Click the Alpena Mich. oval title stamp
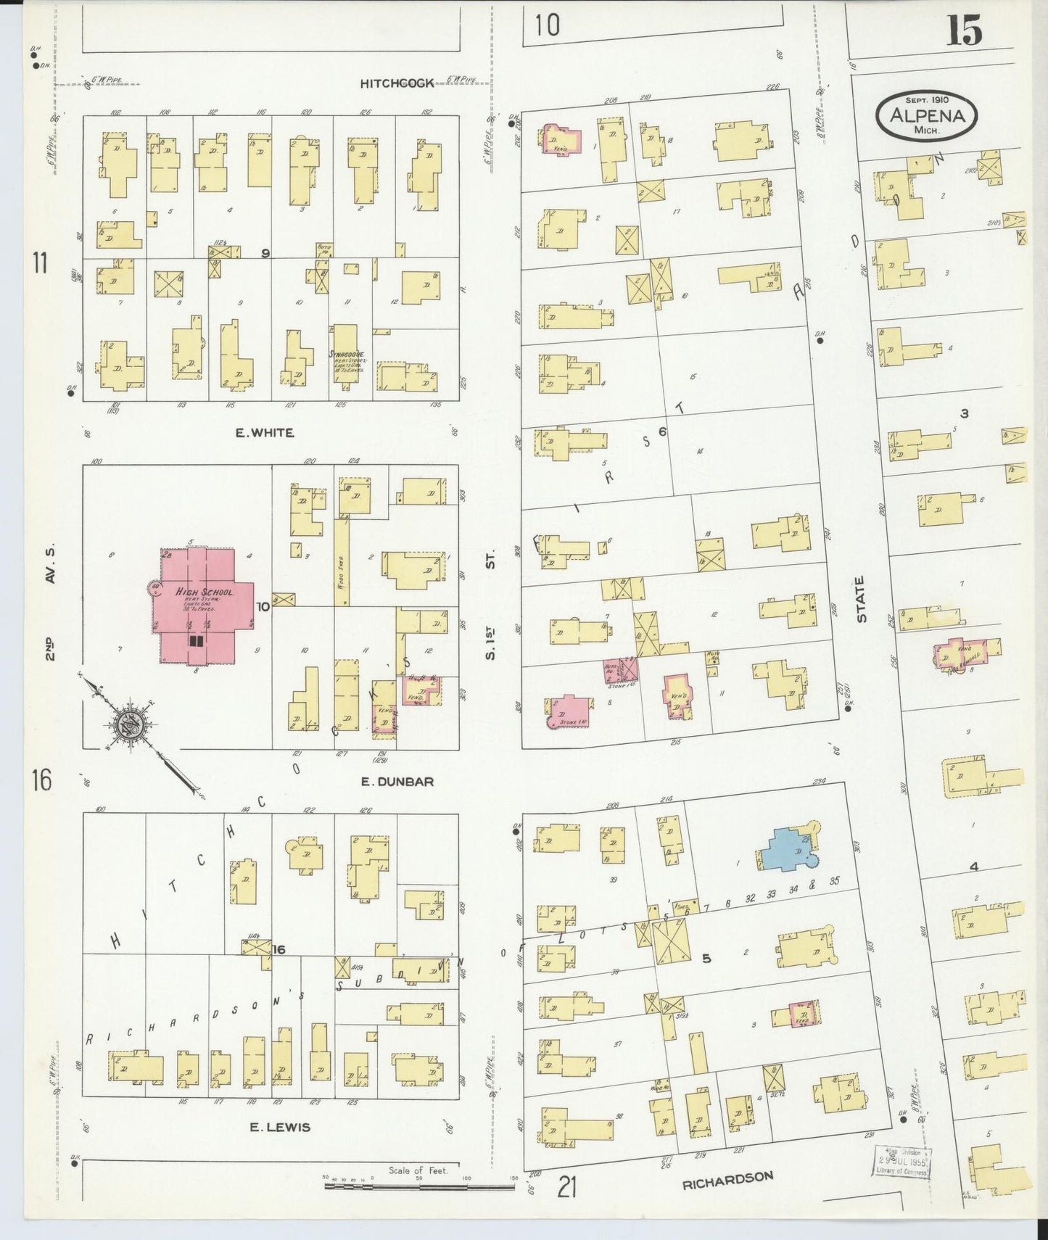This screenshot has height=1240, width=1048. click(926, 115)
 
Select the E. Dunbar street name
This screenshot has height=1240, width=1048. click(397, 782)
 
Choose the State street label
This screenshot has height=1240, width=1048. click(862, 598)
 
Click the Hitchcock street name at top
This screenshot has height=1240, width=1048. click(397, 83)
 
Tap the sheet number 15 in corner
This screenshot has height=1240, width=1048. click(964, 33)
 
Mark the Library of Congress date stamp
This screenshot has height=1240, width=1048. click(902, 1164)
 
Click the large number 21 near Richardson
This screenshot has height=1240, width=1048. click(568, 1188)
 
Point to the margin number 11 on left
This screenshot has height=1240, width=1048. click(41, 263)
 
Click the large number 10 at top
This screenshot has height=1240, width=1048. click(548, 25)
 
